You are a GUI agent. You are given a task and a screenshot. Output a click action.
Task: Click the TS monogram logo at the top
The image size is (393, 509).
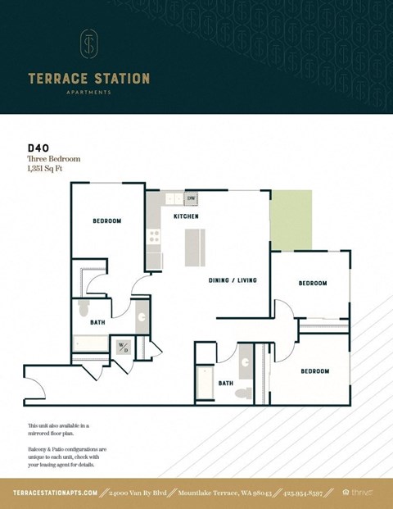tap(88, 44)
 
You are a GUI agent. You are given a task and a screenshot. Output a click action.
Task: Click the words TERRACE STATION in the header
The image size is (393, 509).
tap(88, 79)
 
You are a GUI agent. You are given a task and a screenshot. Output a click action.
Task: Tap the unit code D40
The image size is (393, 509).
tap(37, 148)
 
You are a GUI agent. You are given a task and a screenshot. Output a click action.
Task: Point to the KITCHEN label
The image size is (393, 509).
tap(186, 216)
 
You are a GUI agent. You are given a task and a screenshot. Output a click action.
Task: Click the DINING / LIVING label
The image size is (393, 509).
tap(233, 280)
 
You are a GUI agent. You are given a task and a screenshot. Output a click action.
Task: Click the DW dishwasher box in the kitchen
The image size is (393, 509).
tap(191, 198)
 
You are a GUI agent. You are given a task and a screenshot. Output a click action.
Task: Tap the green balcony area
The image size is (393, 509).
tap(291, 220)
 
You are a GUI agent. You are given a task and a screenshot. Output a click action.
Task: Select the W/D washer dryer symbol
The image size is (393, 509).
tap(124, 347)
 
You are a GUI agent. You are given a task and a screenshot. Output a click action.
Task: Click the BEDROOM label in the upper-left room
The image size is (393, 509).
tap(106, 221)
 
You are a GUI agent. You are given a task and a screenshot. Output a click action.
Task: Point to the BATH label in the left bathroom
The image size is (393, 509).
tap(97, 323)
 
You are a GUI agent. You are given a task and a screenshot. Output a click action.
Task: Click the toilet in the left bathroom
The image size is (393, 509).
tap(82, 308)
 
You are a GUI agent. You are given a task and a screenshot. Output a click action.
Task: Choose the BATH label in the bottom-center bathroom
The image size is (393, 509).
tap(226, 383)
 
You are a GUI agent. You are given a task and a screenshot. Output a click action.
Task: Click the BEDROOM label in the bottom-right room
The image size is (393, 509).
tap(314, 371)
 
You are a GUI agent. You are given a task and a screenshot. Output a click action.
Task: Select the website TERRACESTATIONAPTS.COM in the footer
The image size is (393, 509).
tap(56, 493)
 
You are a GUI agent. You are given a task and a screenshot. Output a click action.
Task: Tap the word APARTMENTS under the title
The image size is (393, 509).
tap(88, 93)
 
